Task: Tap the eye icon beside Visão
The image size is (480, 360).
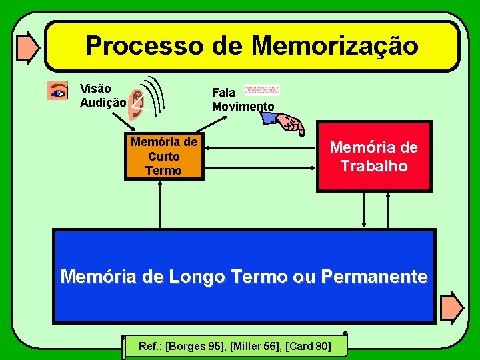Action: pos(58,91)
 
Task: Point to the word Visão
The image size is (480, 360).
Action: pos(95,89)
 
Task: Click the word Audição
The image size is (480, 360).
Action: pos(103,103)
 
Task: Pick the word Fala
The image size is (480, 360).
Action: pos(223,93)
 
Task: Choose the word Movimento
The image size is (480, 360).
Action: pos(243,107)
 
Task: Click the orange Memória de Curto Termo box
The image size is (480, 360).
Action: pos(163,156)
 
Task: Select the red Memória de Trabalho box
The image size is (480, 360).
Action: pos(373,157)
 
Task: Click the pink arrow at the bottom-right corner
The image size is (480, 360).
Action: pos(453,305)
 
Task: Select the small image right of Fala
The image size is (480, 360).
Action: pos(262,90)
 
